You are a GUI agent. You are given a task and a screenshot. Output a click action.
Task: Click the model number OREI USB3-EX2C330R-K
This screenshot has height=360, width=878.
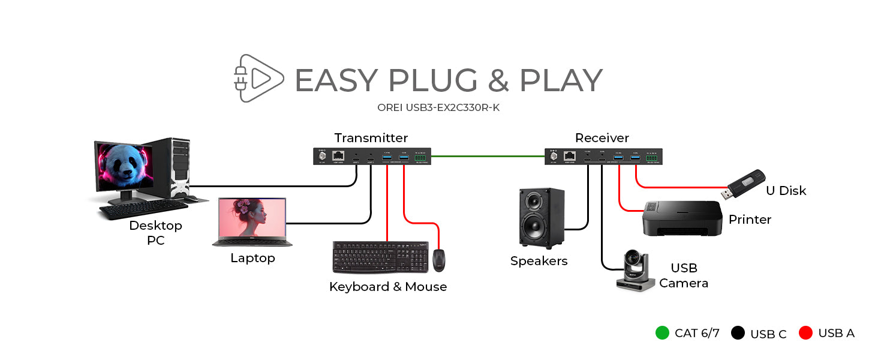click(x=438, y=108)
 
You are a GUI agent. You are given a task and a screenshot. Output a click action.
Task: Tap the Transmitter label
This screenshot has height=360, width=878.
click(x=371, y=137)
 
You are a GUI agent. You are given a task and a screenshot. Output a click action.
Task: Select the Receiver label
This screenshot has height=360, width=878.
click(x=602, y=137)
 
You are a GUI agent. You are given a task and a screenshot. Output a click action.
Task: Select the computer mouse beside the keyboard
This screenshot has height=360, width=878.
click(x=439, y=259)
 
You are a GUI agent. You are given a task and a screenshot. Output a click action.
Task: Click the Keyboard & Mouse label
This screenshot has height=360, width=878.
click(x=388, y=287)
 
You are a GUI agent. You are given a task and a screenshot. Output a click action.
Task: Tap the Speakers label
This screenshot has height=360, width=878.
click(x=539, y=261)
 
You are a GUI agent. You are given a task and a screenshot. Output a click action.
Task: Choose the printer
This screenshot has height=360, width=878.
click(x=681, y=218)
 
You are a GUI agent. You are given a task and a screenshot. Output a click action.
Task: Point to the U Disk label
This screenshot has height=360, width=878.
click(x=786, y=191)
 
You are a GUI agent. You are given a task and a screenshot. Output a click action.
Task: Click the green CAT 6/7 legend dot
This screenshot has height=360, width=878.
click(x=662, y=333)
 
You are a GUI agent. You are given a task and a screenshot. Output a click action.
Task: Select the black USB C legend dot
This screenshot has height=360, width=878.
click(x=738, y=333)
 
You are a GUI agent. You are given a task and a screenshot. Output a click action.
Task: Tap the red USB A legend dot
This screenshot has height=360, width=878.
click(x=805, y=333)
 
